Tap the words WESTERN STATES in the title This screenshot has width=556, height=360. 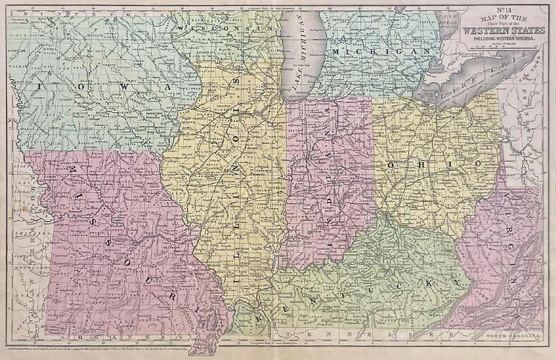501,31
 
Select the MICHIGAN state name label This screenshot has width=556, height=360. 375,53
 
